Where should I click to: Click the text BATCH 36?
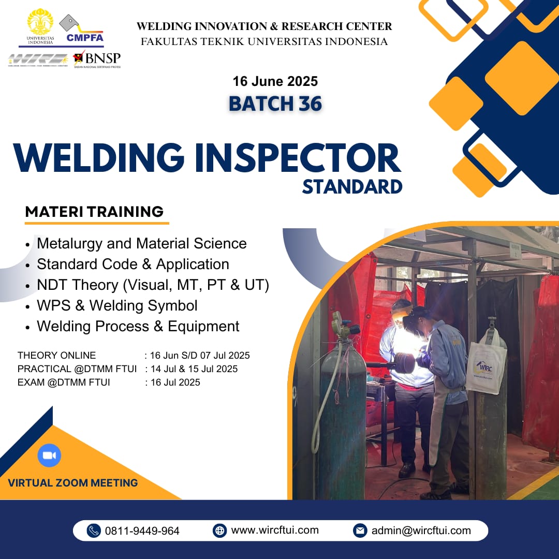(x=275, y=104)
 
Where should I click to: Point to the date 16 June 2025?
(x=275, y=81)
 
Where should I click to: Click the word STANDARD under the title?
(x=352, y=186)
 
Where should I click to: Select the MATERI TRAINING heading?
(x=94, y=212)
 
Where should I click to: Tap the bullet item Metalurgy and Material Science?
(x=141, y=243)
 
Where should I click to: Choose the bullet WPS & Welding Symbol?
(x=117, y=305)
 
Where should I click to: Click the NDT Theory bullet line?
(x=153, y=285)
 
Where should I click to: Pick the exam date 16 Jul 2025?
(x=175, y=383)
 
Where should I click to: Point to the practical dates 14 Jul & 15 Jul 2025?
(x=194, y=369)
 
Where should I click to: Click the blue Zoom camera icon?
(x=49, y=455)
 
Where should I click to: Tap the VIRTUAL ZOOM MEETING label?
(x=73, y=483)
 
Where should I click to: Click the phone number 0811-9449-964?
(x=142, y=531)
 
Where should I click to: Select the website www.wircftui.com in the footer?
(x=274, y=530)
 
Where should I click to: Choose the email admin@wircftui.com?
(x=421, y=531)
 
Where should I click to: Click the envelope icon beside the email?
(x=360, y=531)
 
